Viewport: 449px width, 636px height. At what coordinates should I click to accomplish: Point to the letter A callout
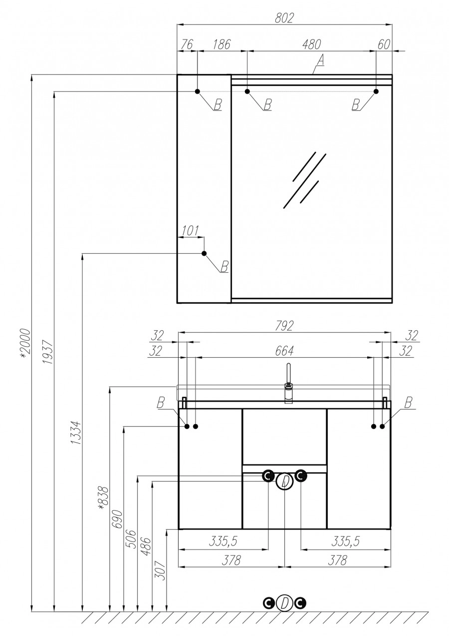click(x=320, y=60)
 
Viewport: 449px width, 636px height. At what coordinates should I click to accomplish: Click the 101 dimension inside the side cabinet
click(x=189, y=230)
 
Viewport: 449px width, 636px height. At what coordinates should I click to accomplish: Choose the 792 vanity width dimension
click(x=285, y=325)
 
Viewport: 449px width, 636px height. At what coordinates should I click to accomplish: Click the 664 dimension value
click(x=285, y=351)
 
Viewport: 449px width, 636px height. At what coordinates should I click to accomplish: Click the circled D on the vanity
click(x=284, y=482)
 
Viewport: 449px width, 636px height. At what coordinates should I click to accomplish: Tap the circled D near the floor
click(x=284, y=603)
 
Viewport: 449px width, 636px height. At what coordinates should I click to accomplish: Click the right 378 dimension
click(x=338, y=561)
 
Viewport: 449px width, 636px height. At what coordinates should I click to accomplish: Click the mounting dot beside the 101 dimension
click(x=204, y=254)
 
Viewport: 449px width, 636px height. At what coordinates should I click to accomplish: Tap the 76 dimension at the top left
click(x=187, y=44)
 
